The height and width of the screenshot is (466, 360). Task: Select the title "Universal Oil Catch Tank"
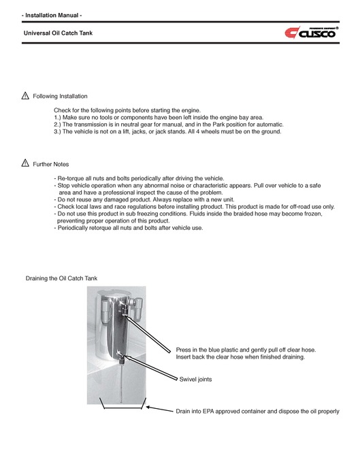click(x=58, y=33)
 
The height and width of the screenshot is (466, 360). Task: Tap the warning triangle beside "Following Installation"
click(x=24, y=96)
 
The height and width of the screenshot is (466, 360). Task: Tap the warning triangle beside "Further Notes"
click(x=24, y=163)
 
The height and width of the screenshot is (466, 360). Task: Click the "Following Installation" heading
click(x=60, y=97)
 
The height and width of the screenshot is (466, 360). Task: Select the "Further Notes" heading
click(x=51, y=164)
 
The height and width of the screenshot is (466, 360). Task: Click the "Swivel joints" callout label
click(x=198, y=380)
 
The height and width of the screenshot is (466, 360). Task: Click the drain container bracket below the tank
click(x=124, y=409)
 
